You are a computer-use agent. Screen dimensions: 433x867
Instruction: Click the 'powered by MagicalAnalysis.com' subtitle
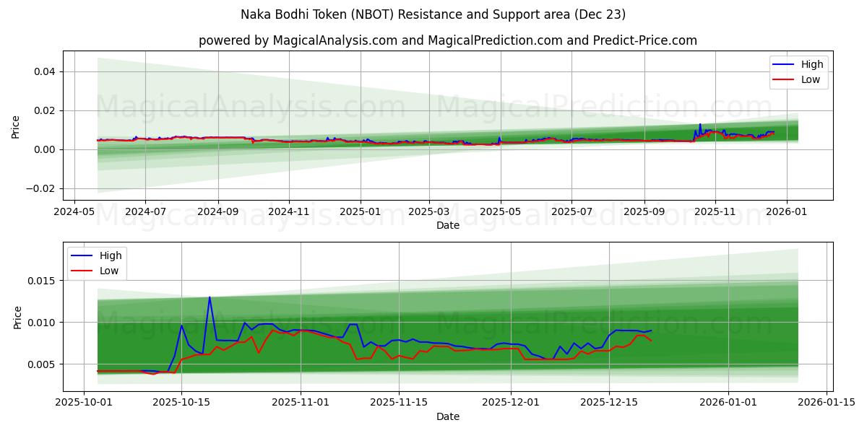coord(448,40)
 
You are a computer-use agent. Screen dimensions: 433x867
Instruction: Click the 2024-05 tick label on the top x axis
coord(74,212)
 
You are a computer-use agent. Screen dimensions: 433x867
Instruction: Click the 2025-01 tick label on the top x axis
coord(360,212)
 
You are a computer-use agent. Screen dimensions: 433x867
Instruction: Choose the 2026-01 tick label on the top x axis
coord(786,212)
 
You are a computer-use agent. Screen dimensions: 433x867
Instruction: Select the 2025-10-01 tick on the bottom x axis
coord(84,403)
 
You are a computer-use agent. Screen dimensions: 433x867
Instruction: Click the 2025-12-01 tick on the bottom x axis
coord(511,403)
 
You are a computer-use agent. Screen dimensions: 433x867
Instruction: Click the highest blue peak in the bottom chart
coord(210,297)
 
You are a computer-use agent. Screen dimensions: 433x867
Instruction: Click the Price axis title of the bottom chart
coord(18,317)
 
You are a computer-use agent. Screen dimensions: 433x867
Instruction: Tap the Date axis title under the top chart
coord(448,225)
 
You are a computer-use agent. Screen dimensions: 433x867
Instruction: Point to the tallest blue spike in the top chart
coord(699,124)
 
